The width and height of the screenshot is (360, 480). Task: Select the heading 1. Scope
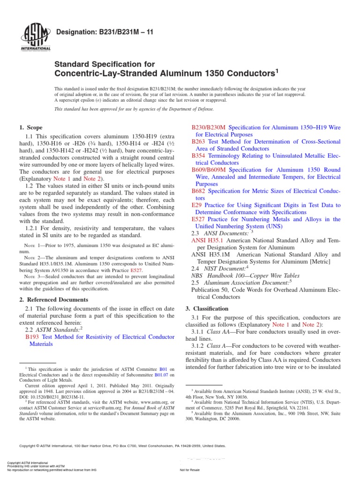click(30, 127)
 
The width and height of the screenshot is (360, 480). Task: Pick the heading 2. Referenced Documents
click(53, 300)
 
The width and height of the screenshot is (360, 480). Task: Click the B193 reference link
click(32, 336)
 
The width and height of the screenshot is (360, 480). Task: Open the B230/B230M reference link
click(209, 127)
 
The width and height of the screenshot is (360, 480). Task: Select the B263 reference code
click(199, 141)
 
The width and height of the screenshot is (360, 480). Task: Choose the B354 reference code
click(199, 155)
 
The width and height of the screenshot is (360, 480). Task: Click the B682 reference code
click(199, 191)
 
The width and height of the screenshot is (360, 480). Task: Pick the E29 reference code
click(196, 205)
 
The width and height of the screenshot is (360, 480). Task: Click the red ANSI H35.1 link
click(208, 240)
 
